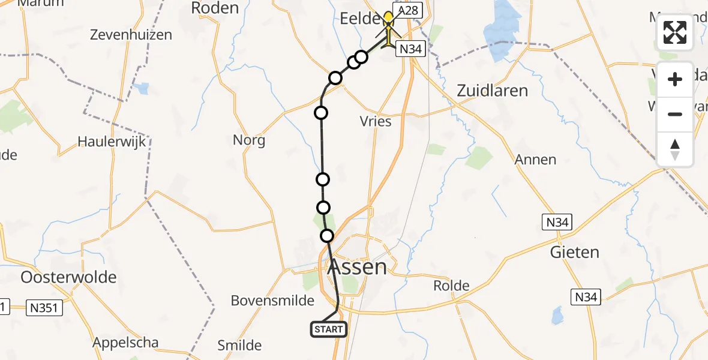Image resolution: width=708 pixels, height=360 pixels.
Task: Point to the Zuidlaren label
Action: pyautogui.click(x=492, y=91)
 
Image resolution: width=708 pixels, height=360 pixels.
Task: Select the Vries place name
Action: pyautogui.click(x=376, y=121)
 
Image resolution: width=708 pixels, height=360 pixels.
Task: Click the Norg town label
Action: pyautogui.click(x=249, y=140)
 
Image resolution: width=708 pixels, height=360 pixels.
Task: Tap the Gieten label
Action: pyautogui.click(x=574, y=252)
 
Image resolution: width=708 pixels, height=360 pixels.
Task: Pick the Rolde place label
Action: pyautogui.click(x=451, y=286)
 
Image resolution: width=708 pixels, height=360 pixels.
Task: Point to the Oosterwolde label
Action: pyautogui.click(x=68, y=277)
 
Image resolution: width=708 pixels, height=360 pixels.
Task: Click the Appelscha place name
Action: pyautogui.click(x=125, y=343)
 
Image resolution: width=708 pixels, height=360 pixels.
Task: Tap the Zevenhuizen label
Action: pyautogui.click(x=131, y=35)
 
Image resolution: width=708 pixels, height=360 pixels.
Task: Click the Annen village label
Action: pyautogui.click(x=535, y=160)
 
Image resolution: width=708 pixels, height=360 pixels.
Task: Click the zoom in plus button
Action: pyautogui.click(x=675, y=79)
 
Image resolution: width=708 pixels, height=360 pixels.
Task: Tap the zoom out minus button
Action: pyautogui.click(x=675, y=114)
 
